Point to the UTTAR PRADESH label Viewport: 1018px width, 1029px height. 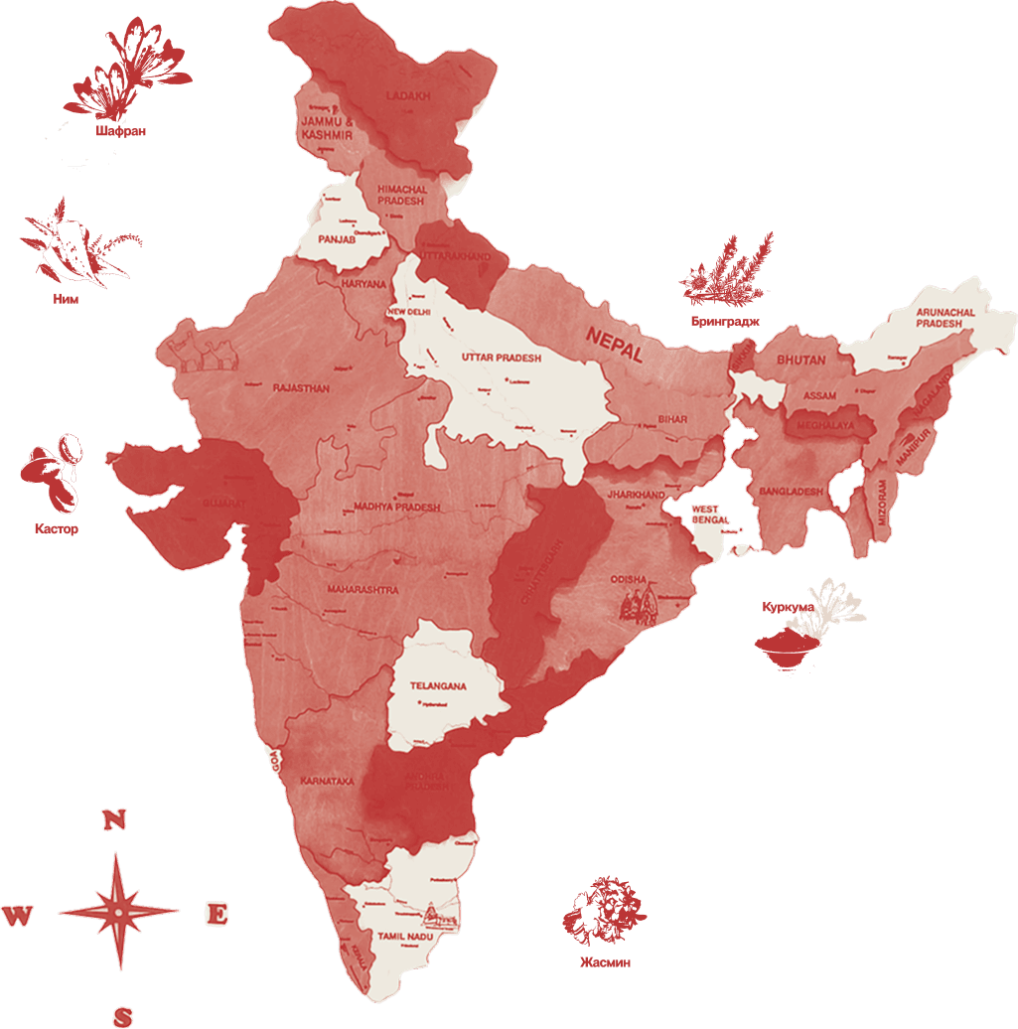pyautogui.click(x=502, y=357)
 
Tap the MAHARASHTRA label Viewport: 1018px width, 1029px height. pyautogui.click(x=363, y=590)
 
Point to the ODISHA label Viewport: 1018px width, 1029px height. pyautogui.click(x=629, y=579)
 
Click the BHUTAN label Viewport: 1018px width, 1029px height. pyautogui.click(x=800, y=360)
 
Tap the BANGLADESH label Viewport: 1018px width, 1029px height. pyautogui.click(x=793, y=492)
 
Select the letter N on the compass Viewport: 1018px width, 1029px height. pyautogui.click(x=115, y=819)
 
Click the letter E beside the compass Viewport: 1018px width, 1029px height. pyautogui.click(x=217, y=914)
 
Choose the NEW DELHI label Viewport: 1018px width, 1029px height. pyautogui.click(x=409, y=312)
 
